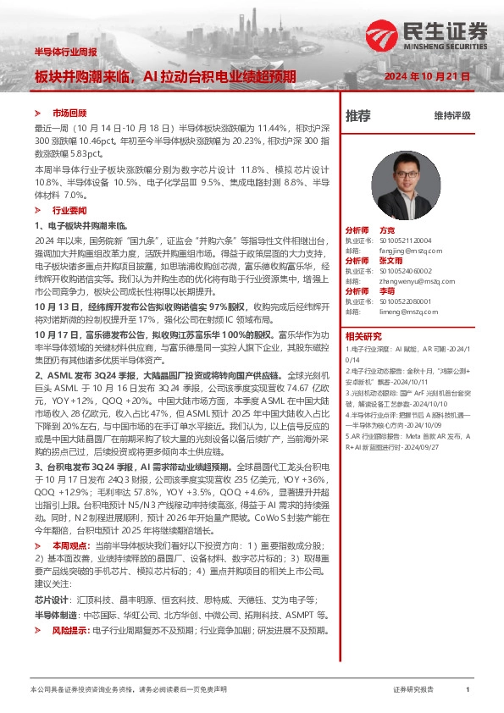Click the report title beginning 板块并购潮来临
165,76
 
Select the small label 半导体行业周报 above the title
65,53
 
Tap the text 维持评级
451,115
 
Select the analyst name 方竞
387,230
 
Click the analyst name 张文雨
390,261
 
